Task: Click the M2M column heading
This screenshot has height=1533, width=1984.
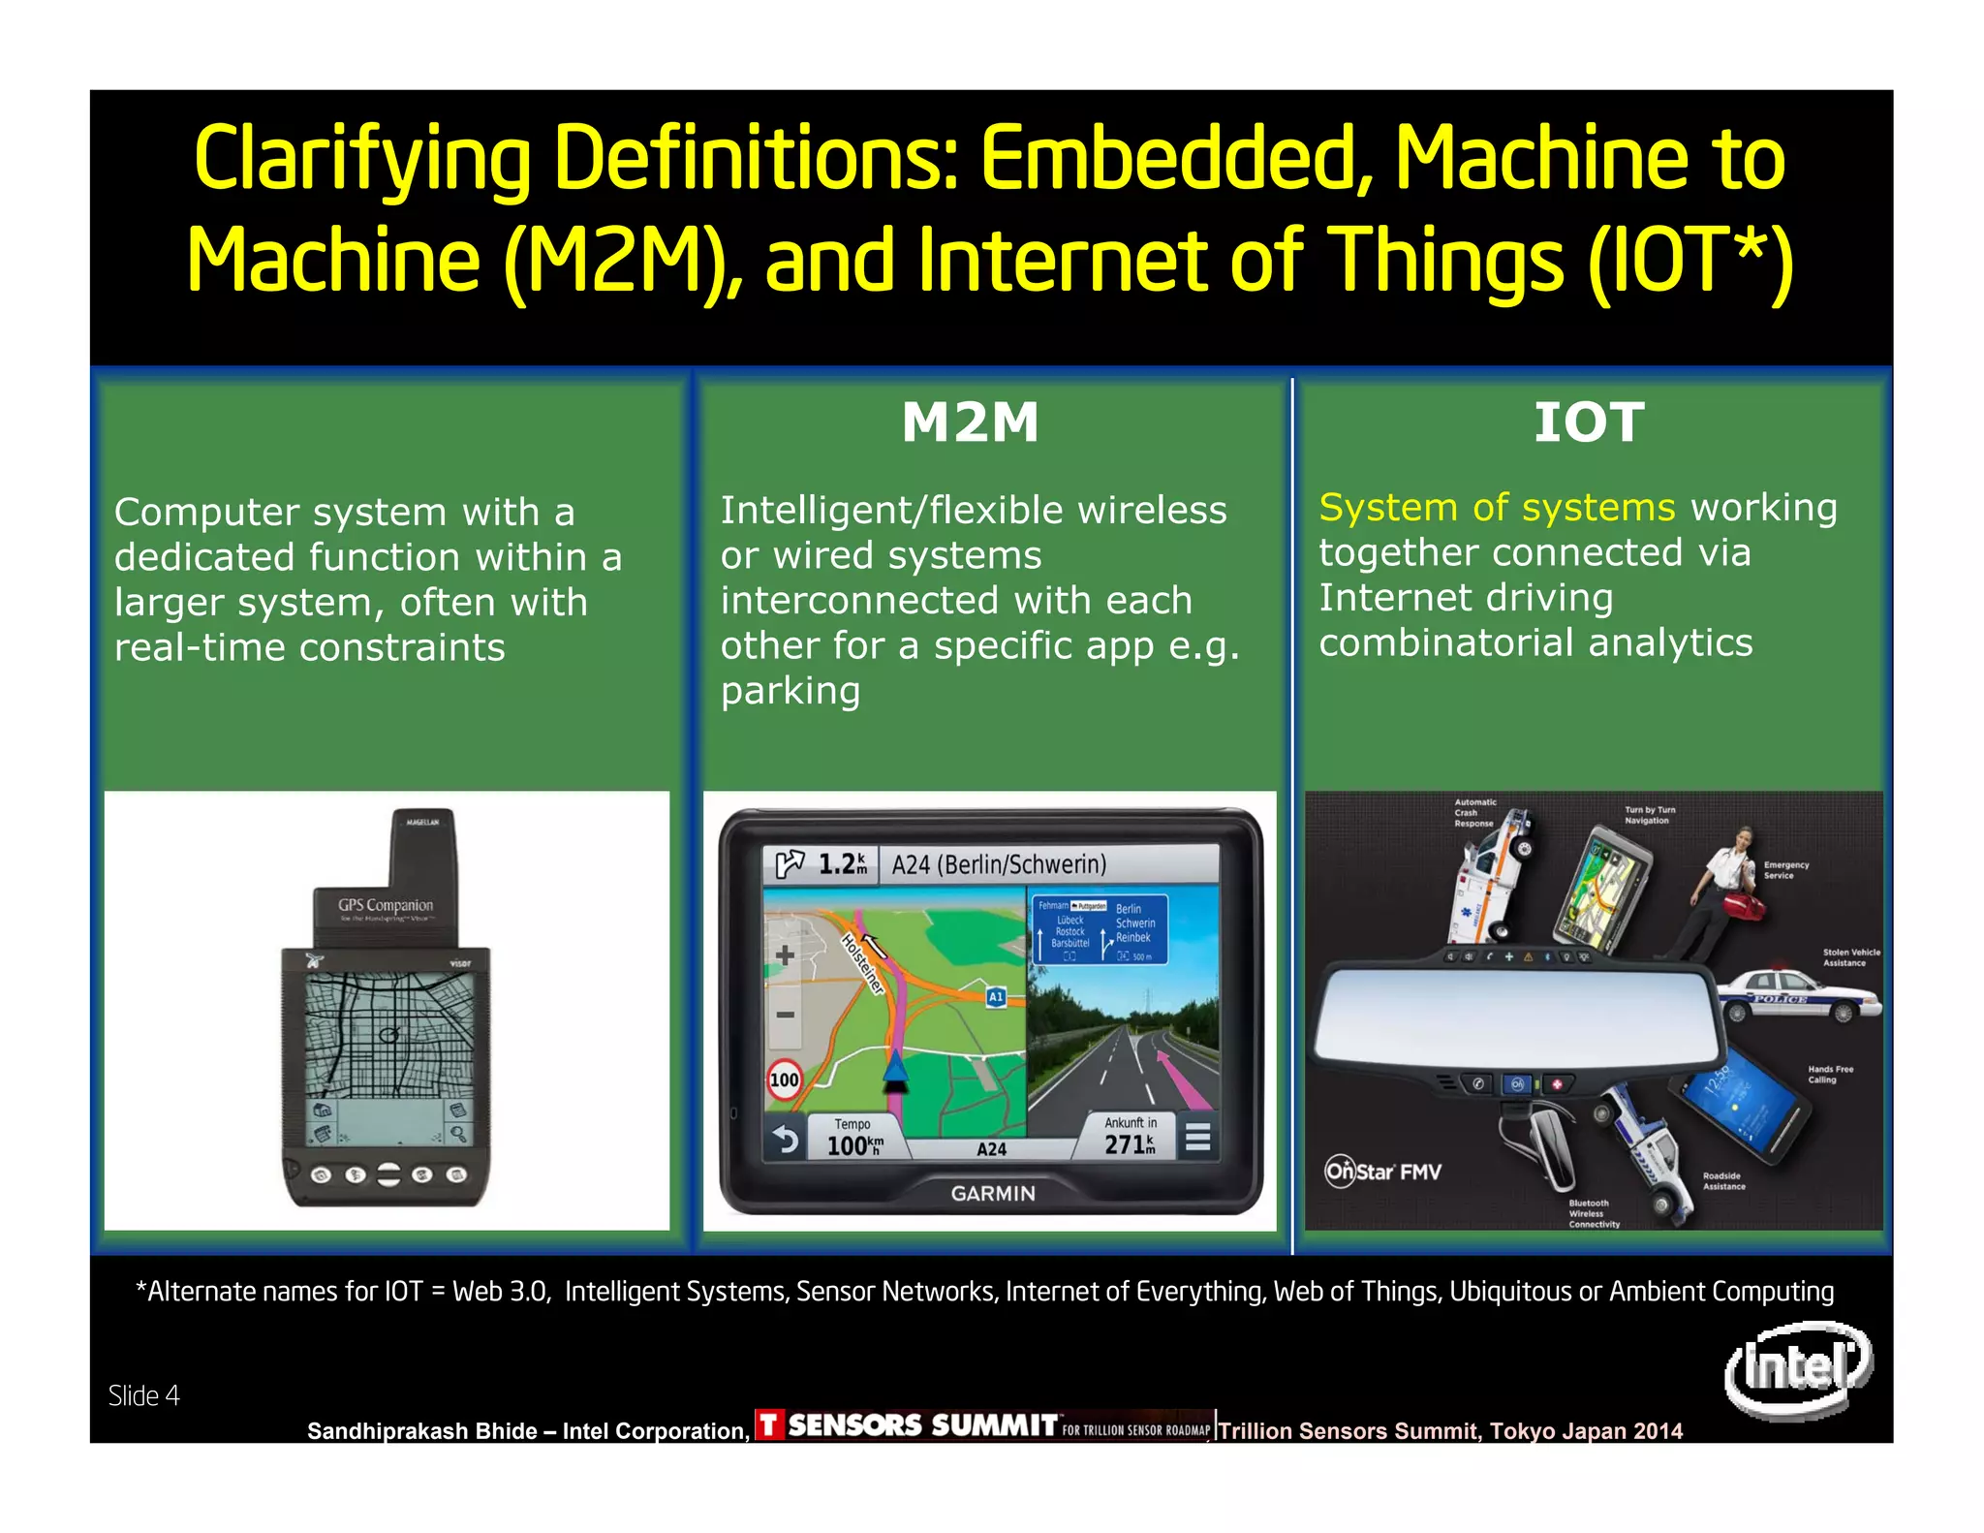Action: click(970, 422)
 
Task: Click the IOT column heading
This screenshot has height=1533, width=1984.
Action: click(1589, 422)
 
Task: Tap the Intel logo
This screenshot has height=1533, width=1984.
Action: click(1798, 1368)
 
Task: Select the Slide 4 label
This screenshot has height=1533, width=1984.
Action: click(143, 1395)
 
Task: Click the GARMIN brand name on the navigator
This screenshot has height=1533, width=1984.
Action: click(993, 1193)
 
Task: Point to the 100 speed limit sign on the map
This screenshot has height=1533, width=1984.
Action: click(784, 1079)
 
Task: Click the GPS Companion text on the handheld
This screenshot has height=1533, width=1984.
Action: click(386, 905)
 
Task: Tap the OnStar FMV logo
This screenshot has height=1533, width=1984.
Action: click(1383, 1172)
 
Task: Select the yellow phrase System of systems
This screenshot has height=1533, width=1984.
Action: click(1497, 507)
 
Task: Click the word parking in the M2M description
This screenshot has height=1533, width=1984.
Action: click(790, 691)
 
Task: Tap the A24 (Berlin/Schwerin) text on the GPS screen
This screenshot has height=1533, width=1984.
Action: click(999, 863)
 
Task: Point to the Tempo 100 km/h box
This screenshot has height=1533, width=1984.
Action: click(853, 1138)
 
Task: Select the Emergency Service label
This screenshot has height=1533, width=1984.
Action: click(1785, 870)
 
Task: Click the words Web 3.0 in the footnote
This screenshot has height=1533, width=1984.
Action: click(501, 1292)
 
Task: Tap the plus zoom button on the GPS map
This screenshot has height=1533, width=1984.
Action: click(785, 955)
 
